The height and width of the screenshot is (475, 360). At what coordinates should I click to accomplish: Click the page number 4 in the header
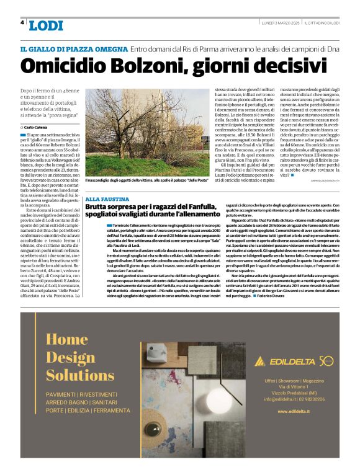pos(22,22)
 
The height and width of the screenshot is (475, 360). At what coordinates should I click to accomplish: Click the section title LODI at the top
pos(46,25)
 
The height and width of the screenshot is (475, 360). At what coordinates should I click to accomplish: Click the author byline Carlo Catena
pos(37,127)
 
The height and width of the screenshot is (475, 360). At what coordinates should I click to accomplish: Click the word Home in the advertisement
pos(66,339)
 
